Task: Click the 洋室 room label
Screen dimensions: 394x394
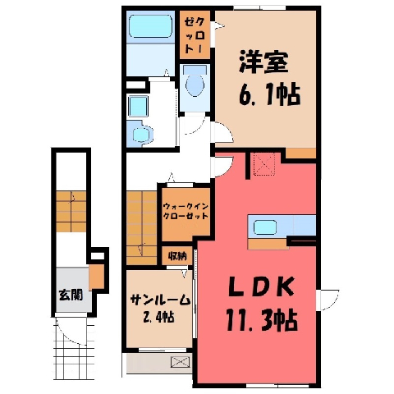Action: (263, 62)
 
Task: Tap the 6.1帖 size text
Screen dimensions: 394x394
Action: (269, 95)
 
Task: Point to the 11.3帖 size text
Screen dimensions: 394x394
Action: (261, 320)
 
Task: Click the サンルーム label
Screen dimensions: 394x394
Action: (160, 300)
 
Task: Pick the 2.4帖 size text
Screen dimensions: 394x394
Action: (158, 317)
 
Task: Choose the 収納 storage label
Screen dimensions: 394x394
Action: (177, 256)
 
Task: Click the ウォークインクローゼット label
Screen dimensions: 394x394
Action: (186, 211)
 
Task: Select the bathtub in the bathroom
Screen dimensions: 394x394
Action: (151, 26)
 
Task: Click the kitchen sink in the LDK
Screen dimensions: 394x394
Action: (265, 227)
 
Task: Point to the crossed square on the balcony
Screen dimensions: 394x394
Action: (181, 362)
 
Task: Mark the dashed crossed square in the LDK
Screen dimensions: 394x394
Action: (264, 164)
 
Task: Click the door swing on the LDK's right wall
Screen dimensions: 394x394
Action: (328, 300)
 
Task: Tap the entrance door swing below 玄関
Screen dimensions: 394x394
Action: (71, 329)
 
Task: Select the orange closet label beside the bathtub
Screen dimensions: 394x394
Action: (195, 34)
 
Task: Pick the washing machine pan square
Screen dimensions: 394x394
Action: (139, 106)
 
